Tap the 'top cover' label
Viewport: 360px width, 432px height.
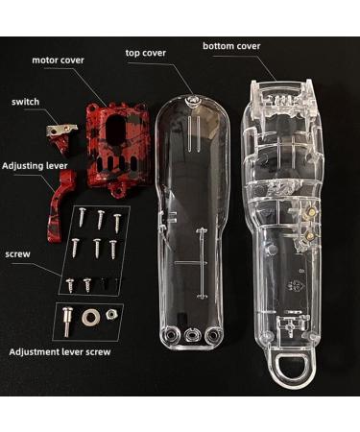click(147, 53)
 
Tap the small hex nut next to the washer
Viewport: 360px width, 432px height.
click(111, 315)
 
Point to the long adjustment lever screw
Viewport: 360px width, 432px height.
click(67, 319)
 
